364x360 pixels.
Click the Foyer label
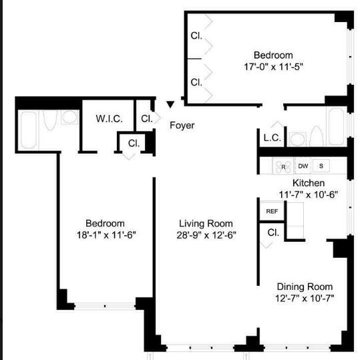pos(182,126)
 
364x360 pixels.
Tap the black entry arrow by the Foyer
pos(170,104)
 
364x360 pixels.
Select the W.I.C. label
pos(109,119)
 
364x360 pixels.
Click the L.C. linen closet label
pos(272,138)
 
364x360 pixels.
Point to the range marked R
pos(283,166)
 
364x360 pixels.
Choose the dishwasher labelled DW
pos(303,166)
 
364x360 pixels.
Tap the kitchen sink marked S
pos(321,166)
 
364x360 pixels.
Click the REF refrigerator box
pos(272,211)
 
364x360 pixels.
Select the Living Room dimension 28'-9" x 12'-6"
pos(206,235)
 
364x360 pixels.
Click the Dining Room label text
pos(305,287)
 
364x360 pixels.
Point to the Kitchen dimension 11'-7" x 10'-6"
pos(309,194)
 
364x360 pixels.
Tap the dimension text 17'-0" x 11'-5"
pos(273,67)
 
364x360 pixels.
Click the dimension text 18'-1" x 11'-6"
pos(106,235)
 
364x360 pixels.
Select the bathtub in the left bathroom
pos(29,130)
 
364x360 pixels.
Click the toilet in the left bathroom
pos(50,120)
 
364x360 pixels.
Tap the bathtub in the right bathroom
pos(337,126)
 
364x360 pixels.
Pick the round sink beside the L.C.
pos(297,140)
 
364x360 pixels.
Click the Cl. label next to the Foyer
pos(147,119)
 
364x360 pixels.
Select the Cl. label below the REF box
pos(273,232)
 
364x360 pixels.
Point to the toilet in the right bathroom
pos(317,136)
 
